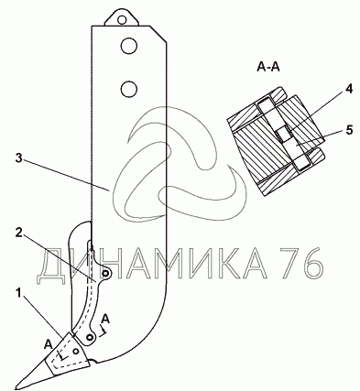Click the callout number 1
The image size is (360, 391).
(19, 294)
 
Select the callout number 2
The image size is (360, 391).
(18, 233)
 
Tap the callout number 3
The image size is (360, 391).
(18, 158)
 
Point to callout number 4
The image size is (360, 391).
(349, 89)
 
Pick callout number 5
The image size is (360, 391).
(349, 130)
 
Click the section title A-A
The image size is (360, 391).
(268, 67)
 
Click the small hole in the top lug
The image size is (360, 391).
(122, 20)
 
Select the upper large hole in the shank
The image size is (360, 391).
(129, 47)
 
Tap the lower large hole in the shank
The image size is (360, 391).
(129, 89)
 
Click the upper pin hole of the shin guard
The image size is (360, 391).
(105, 274)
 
